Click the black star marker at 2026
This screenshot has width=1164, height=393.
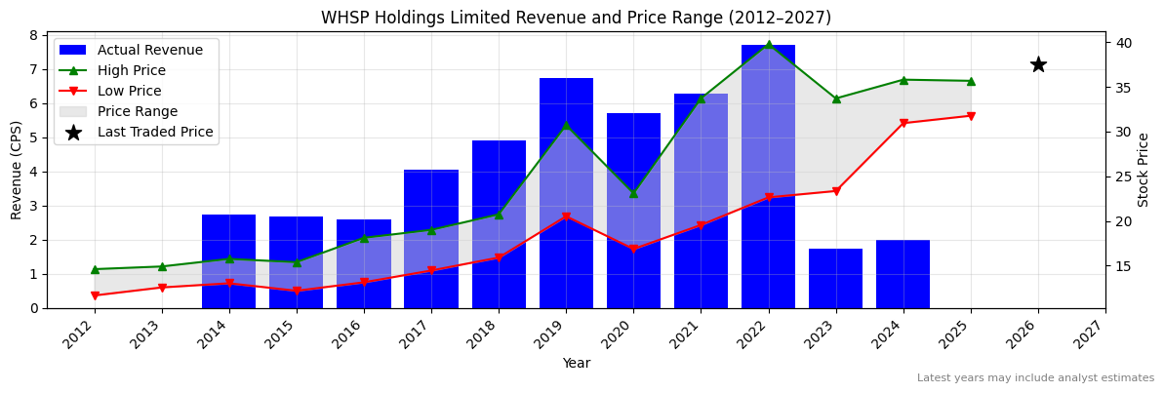coord(1038,64)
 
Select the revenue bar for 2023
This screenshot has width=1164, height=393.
coord(835,278)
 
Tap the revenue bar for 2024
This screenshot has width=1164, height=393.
coord(903,274)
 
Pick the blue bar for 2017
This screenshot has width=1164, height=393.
coord(431,239)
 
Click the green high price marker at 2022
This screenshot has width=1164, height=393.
coord(768,45)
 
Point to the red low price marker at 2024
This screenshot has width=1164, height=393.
coord(903,123)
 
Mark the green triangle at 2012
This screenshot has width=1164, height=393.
coord(95,269)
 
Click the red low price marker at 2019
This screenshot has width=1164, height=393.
coord(566,216)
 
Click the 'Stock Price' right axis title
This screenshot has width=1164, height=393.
coord(1144,170)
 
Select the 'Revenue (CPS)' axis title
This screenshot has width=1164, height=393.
coord(17,170)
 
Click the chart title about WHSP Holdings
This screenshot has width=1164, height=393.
coord(576,18)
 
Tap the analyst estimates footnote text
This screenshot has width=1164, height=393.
coord(1035,378)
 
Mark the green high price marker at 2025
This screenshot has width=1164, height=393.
coord(971,81)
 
